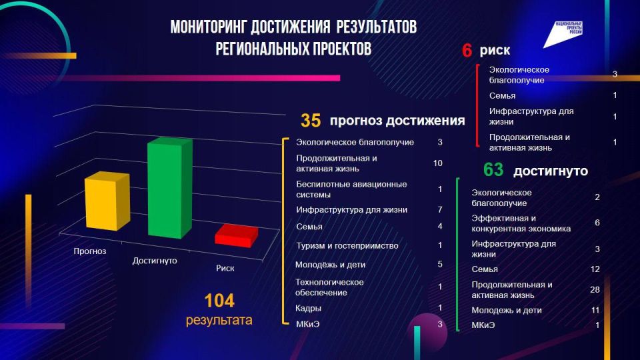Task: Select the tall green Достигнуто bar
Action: [x=164, y=189]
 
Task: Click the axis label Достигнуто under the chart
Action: [x=155, y=260]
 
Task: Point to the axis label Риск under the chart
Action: [x=226, y=268]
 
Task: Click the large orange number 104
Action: [x=219, y=301]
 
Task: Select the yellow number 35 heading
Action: [x=311, y=121]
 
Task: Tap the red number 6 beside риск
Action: [x=467, y=51]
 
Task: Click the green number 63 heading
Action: [x=493, y=170]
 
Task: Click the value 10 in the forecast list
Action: [x=437, y=163]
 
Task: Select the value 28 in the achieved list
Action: [x=595, y=289]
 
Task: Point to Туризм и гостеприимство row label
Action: [x=347, y=245]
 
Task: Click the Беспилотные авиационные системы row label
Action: [x=351, y=189]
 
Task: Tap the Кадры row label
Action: [x=309, y=308]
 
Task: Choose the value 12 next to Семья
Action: [x=595, y=269]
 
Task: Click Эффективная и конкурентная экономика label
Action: [x=521, y=223]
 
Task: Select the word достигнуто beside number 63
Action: [x=550, y=171]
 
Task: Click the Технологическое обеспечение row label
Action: [x=329, y=287]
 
